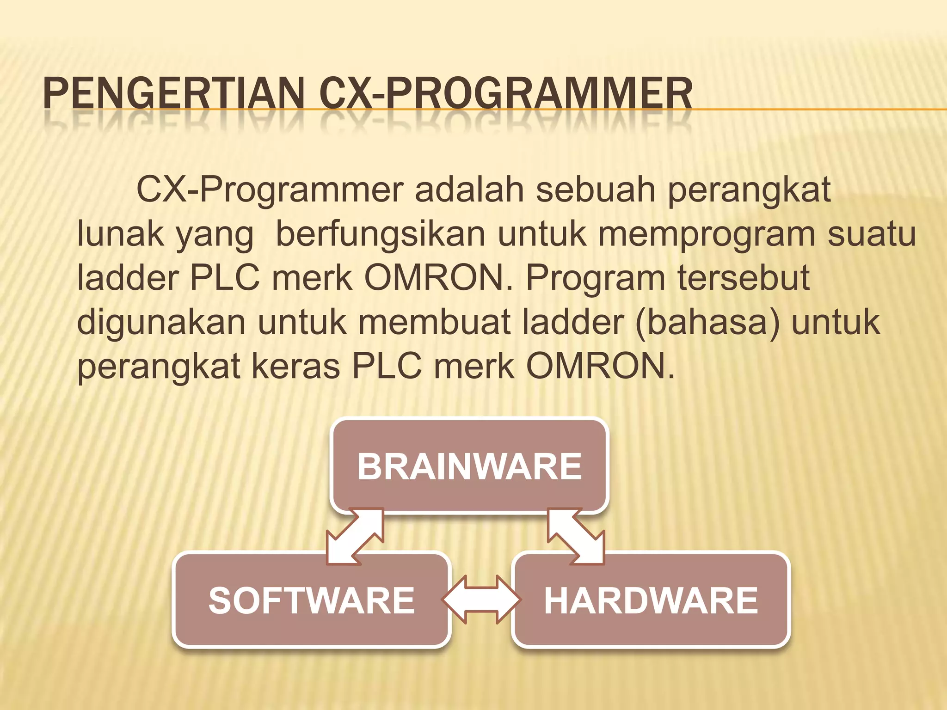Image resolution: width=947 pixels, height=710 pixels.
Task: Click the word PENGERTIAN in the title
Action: (x=173, y=94)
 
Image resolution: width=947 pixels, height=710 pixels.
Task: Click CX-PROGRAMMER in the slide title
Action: (x=505, y=94)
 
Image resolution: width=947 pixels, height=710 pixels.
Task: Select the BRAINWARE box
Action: (x=469, y=466)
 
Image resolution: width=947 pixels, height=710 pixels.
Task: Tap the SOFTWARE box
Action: (x=311, y=600)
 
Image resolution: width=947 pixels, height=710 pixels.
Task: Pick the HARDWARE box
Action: (x=651, y=600)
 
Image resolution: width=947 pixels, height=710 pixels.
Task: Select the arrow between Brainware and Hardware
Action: (x=576, y=536)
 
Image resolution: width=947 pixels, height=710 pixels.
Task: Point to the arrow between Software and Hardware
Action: (x=481, y=600)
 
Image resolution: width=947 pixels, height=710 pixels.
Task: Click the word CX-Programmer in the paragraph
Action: (x=270, y=190)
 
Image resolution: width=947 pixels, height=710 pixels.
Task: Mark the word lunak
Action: (x=120, y=234)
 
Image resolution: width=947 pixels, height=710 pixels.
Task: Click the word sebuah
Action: (x=595, y=190)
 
